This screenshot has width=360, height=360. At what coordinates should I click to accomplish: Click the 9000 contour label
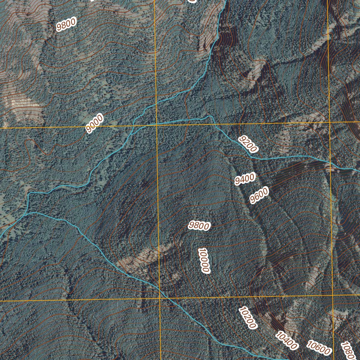tap(95, 124)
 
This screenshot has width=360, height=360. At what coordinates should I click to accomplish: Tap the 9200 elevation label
tap(248, 144)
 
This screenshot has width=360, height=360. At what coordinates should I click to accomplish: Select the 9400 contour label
tap(245, 179)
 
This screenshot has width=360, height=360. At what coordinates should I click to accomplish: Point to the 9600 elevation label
tap(259, 195)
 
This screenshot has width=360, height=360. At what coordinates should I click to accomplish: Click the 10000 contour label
tap(204, 261)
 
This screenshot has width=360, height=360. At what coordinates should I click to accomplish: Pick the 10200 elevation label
tap(247, 317)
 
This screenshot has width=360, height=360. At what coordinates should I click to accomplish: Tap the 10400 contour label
tap(286, 341)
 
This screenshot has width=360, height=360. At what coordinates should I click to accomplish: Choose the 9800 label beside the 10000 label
tap(199, 226)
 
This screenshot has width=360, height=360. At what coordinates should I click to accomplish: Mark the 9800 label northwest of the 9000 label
tap(66, 24)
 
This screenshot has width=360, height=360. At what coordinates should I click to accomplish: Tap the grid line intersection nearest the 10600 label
tap(333, 296)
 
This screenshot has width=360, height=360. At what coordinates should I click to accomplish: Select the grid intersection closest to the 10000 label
tap(159, 298)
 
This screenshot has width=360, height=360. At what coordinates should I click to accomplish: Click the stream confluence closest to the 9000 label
tap(134, 127)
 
